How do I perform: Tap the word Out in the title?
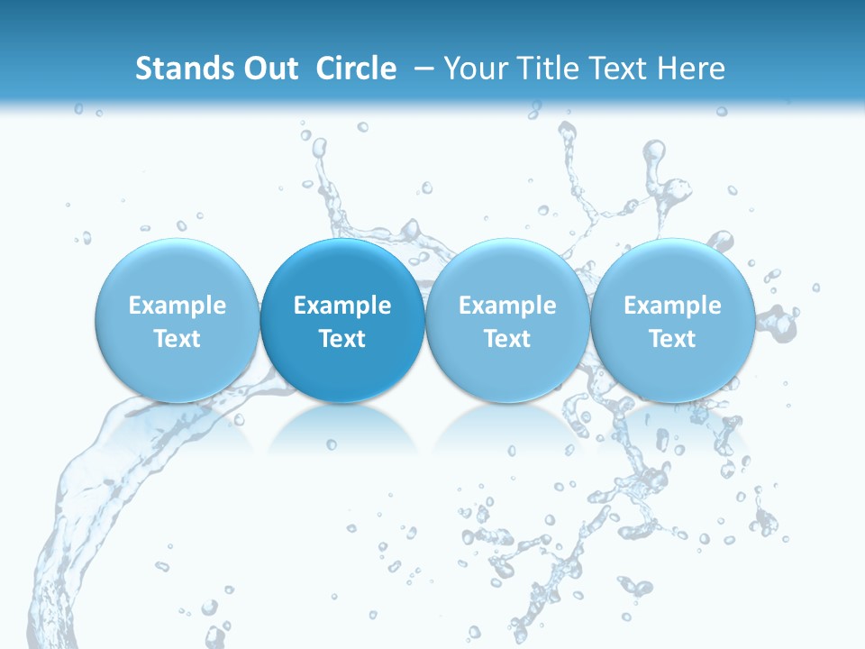pyautogui.click(x=269, y=69)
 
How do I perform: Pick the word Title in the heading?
pyautogui.click(x=551, y=69)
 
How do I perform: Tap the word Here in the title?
pyautogui.click(x=694, y=69)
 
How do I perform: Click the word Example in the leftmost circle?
pyautogui.click(x=178, y=306)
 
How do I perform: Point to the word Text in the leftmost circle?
pyautogui.click(x=178, y=339)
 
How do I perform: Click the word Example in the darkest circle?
pyautogui.click(x=342, y=306)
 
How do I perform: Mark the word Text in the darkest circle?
pyautogui.click(x=342, y=339)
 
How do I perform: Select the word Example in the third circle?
pyautogui.click(x=507, y=306)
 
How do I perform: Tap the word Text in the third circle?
pyautogui.click(x=507, y=339)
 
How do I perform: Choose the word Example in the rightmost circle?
pyautogui.click(x=672, y=306)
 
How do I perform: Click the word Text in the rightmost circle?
pyautogui.click(x=672, y=339)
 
